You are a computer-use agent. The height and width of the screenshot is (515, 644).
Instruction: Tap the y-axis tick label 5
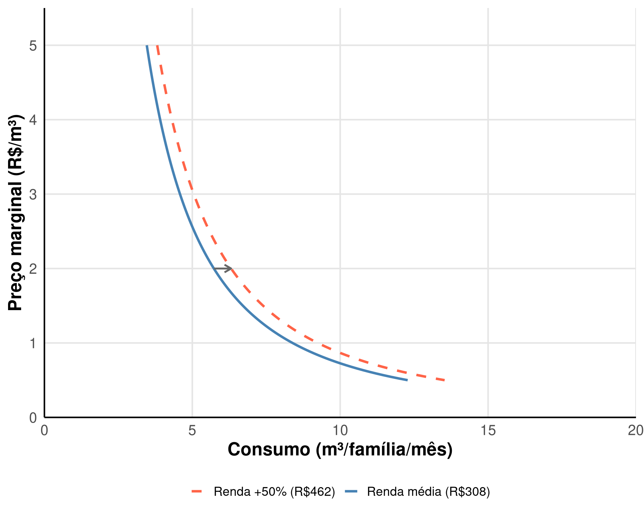coord(33,46)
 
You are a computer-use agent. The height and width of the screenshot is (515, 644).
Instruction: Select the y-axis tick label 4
coord(33,120)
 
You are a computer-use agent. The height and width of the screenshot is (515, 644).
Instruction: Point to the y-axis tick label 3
coord(33,194)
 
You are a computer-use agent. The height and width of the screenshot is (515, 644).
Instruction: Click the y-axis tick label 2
coord(33,269)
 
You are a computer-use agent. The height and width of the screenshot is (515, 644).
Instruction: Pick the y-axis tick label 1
coord(33,343)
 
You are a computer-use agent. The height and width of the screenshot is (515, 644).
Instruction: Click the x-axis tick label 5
coord(192,431)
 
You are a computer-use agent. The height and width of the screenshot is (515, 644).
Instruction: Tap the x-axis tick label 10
coord(340,431)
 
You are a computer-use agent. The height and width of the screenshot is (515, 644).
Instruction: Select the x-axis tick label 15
coord(488,431)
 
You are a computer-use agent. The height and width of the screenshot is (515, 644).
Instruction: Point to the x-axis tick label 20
coord(635,431)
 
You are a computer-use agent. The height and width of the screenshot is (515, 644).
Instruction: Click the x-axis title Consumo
coord(340,450)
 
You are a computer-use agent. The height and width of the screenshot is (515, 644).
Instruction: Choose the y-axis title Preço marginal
coord(15,213)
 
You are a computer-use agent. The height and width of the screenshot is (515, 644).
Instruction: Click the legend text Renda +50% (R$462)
coord(274,492)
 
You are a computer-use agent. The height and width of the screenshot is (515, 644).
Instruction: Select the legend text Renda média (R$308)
coord(428,492)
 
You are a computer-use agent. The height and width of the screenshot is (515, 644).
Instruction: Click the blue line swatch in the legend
coord(351,492)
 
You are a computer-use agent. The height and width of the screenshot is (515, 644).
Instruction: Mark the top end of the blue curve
coord(147,46)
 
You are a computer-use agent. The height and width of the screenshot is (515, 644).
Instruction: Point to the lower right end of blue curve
coord(407,380)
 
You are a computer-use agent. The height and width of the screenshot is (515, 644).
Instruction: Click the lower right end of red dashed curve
coord(444,380)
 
